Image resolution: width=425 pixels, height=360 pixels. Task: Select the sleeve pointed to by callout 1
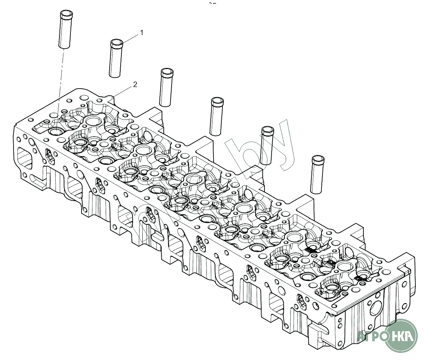point(116,59)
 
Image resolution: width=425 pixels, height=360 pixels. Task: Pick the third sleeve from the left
point(166,88)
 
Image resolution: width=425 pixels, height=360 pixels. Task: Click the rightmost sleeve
point(317,174)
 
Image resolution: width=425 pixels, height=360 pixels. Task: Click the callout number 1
point(142,33)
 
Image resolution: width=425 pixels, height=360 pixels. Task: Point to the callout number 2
point(135,84)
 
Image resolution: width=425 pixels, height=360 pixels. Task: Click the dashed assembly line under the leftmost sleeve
point(61,78)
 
